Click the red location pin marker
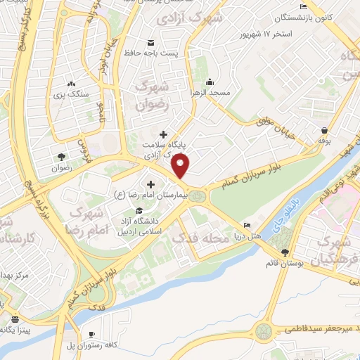point(181,167)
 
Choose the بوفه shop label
point(324,141)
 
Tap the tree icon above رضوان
point(60,157)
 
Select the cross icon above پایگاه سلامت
point(164,134)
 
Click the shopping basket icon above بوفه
point(324,130)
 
